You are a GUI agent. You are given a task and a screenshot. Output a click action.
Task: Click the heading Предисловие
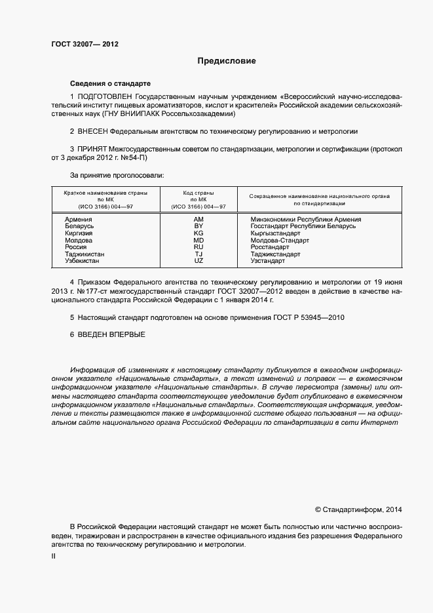coord(227,61)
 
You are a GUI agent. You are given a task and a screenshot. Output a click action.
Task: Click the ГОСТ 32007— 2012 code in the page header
coord(85,45)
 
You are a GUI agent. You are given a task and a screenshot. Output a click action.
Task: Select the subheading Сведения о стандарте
coord(110,84)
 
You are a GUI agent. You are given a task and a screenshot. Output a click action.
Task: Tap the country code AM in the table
coord(199,220)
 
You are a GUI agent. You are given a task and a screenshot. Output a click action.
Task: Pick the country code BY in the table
coord(199,226)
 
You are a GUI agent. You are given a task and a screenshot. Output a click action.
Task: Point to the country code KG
coord(199,233)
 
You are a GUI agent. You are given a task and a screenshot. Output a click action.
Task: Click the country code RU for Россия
coord(199,247)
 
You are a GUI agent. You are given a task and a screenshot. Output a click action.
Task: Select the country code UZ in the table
coord(199,261)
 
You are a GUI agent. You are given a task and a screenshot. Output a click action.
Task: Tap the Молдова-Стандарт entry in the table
coord(280,241)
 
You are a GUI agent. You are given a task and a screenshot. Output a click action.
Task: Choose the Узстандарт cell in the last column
coord(267,261)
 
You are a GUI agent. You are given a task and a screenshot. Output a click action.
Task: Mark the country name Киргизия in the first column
coord(79,233)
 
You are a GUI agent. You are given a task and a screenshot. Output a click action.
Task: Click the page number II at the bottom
coord(53,556)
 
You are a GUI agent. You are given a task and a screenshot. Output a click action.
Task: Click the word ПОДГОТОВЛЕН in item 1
coord(110,96)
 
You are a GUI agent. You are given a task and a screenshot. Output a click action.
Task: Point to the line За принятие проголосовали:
coord(117,175)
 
